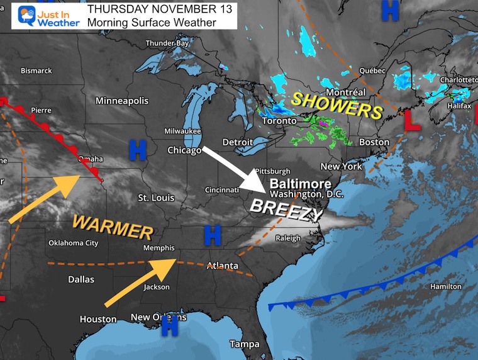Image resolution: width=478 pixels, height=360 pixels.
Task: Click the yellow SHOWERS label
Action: point(336,104)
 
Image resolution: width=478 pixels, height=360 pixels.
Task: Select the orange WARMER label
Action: point(113,226)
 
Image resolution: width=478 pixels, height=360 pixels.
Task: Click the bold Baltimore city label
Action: point(301,183)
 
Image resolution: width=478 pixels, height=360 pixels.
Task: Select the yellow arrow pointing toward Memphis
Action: point(138,275)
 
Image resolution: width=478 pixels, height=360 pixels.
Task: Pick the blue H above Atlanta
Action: point(213,236)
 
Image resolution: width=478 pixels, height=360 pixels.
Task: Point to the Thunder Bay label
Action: point(167,43)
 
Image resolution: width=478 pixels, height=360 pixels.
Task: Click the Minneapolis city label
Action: point(122,101)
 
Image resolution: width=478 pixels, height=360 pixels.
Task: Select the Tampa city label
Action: point(244,344)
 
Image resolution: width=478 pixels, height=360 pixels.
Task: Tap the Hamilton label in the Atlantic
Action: point(445,286)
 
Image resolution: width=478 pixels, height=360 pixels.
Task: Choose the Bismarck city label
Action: point(36,70)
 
